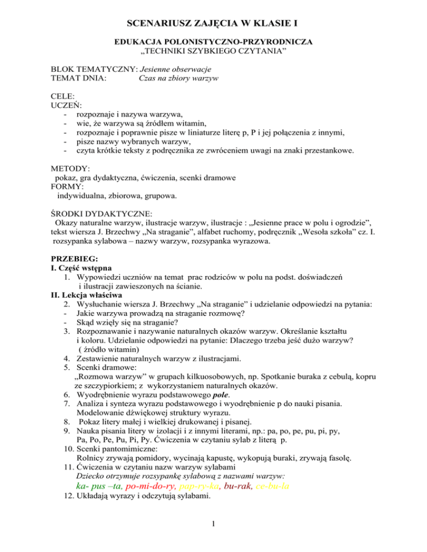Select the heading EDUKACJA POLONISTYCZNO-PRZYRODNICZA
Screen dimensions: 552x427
click(213, 42)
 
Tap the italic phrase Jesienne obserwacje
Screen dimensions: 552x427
click(177, 69)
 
